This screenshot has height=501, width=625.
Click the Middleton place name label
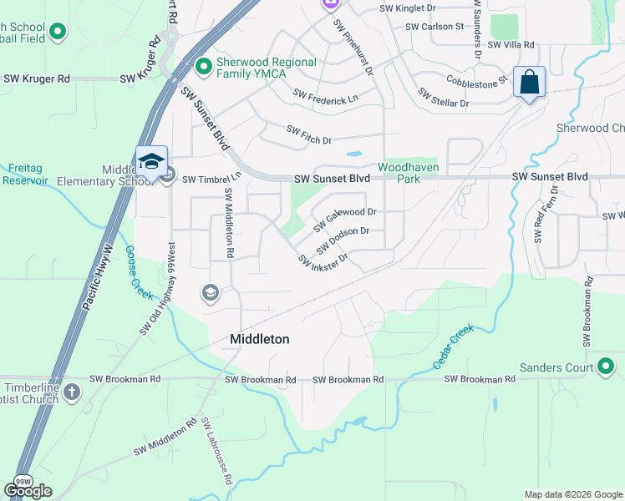coord(260,339)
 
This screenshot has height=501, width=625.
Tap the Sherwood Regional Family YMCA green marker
coord(202,64)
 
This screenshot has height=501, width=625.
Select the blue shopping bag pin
coord(529,83)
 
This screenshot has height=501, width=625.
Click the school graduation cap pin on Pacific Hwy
coord(151,161)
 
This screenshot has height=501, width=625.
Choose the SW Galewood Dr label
coord(344,220)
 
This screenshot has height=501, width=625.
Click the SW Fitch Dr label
coord(309,134)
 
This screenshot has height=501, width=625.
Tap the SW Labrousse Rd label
coord(216,452)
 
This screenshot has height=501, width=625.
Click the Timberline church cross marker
coord(73,391)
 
